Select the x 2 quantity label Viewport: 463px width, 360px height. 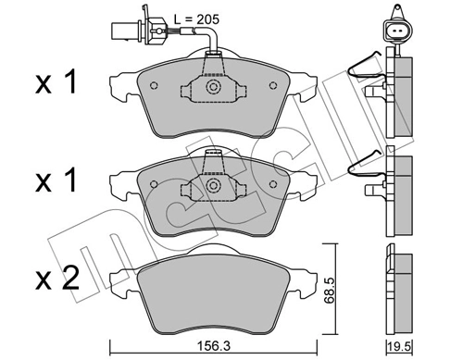coord(53,277)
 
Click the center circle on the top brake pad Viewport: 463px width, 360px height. coord(213,89)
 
